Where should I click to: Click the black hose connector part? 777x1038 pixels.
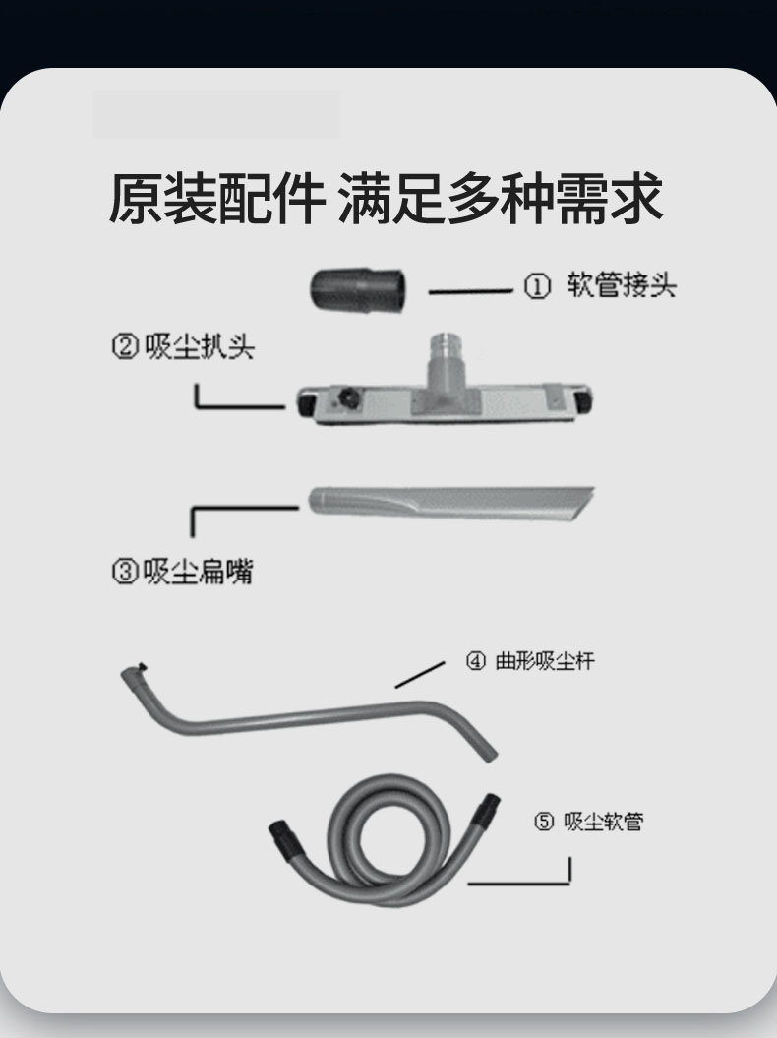click(357, 289)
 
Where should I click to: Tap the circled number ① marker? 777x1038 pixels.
click(537, 286)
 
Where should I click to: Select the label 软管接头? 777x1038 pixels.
click(621, 285)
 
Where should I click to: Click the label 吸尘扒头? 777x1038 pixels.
click(199, 346)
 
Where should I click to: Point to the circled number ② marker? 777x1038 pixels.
click(125, 347)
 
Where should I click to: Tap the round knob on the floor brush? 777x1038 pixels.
click(349, 398)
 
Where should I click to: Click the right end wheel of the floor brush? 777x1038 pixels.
click(582, 400)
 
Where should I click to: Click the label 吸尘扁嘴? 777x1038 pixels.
click(198, 572)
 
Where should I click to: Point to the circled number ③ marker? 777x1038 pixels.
click(125, 572)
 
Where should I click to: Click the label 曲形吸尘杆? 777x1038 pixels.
click(545, 660)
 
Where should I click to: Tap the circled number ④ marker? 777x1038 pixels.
click(475, 661)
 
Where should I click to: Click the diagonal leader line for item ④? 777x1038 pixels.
click(420, 675)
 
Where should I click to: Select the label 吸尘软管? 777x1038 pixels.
click(603, 822)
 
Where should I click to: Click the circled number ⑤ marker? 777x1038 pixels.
click(543, 823)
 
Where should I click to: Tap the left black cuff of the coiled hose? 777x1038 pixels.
click(283, 835)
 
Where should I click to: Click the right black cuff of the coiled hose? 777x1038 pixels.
click(487, 809)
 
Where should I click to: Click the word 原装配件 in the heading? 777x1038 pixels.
click(217, 198)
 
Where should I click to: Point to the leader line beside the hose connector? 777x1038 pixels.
click(470, 290)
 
